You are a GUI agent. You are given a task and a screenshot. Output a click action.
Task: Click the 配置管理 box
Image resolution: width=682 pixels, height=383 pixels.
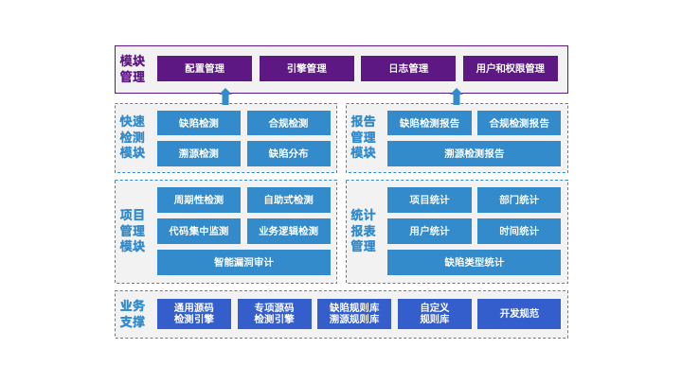coord(205,69)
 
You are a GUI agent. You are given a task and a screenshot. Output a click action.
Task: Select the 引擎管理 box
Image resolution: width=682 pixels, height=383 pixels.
coord(306,69)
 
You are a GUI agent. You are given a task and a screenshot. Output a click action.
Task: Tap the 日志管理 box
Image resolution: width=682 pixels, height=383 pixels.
coord(408,69)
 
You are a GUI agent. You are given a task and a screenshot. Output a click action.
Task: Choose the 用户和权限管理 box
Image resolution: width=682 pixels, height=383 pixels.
coord(511,69)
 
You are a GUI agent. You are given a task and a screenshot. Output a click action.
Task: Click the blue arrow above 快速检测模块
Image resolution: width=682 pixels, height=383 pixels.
coord(224,96)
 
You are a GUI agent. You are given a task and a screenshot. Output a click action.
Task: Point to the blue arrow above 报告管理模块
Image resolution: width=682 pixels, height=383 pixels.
coord(456,96)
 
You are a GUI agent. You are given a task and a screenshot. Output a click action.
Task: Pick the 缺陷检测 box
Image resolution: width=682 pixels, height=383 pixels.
coord(198,123)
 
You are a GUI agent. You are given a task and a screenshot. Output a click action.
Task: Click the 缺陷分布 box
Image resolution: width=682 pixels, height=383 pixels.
coord(288,153)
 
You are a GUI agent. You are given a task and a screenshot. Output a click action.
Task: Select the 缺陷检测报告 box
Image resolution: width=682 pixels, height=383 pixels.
coord(429,123)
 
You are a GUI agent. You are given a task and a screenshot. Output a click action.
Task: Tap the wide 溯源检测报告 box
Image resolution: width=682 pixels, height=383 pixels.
coord(474,153)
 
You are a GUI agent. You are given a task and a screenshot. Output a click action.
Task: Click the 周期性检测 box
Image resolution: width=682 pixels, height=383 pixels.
coord(198,200)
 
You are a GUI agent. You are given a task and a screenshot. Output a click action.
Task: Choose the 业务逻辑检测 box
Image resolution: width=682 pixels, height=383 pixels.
coord(288,231)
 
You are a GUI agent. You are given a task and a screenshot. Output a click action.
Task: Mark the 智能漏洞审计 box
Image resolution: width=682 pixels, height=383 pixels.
coord(243,262)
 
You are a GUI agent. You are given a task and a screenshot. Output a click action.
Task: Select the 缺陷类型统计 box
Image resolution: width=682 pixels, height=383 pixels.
coord(474,262)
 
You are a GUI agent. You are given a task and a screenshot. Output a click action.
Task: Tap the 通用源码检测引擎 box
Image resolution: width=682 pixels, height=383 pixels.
coord(193,313)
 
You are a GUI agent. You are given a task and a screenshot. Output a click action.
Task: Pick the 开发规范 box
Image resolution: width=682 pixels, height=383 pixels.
coord(519,313)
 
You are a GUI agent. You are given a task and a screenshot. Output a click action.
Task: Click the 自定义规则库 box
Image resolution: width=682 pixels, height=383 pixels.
coord(434,313)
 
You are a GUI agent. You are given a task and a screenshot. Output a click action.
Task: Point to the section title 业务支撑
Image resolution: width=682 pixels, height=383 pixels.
coord(133,313)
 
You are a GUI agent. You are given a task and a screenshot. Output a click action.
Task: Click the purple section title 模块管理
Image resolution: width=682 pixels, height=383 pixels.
coord(133,69)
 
